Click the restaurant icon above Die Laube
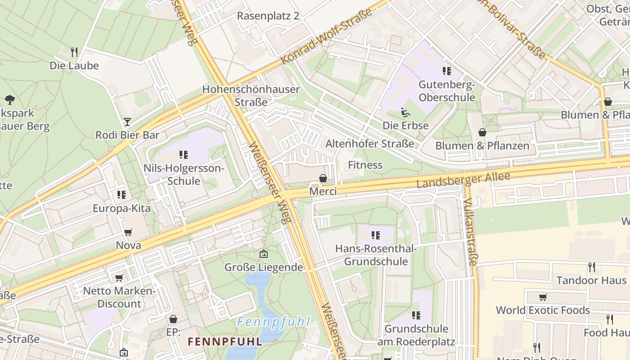coord(74,52)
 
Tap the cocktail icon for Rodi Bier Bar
coord(127,122)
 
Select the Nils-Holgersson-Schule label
coord(183,175)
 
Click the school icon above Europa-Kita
coord(121,195)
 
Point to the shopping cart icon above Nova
coord(128,232)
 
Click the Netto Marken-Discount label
coord(119,297)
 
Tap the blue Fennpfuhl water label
coord(274,322)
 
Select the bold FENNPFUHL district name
coord(225,342)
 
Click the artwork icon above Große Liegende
coord(264,254)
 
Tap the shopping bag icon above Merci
coord(323,178)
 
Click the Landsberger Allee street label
coord(463,180)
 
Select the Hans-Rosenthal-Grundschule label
coord(376,255)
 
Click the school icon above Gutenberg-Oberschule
coord(446,71)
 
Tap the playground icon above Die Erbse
coord(405,112)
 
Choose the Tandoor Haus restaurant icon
coord(592,267)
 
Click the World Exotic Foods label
coord(543,310)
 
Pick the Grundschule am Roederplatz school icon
coord(416,315)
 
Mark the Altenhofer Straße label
coord(369,144)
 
